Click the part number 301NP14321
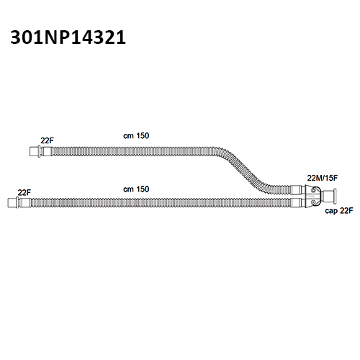(x=68, y=37)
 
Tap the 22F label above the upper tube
(x=47, y=140)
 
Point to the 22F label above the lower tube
(x=24, y=192)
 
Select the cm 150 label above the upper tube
(x=136, y=136)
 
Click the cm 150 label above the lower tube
(x=136, y=189)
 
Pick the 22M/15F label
(x=323, y=178)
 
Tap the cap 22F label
(x=339, y=211)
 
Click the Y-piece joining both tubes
(x=313, y=197)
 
